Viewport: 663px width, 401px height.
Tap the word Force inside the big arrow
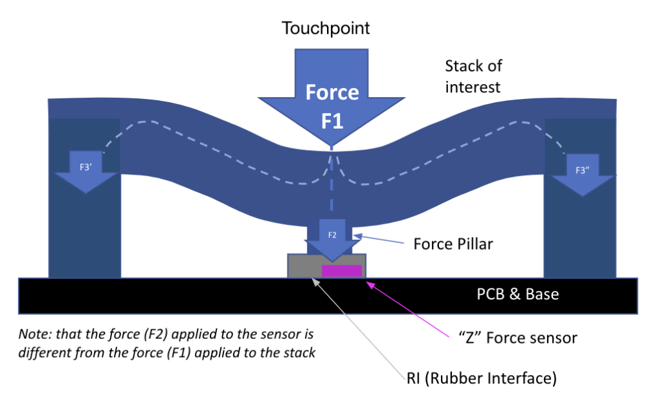(332, 92)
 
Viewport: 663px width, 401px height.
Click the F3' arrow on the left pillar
(85, 172)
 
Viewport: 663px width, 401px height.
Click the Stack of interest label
(473, 76)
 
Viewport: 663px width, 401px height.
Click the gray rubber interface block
(304, 266)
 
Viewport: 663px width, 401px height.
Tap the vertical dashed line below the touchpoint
(332, 188)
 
